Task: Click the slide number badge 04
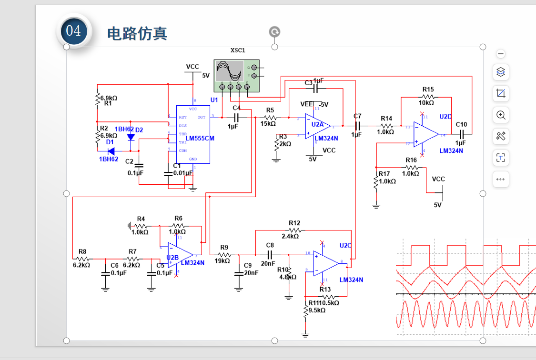coord(73,31)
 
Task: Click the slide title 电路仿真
coord(137,33)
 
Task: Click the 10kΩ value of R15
coord(426,102)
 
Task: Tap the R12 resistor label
coord(294,223)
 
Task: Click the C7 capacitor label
coord(357,116)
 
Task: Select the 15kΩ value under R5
coord(268,123)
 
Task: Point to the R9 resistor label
coord(224,247)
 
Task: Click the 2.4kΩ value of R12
coord(290,236)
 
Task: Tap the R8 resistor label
coord(83,251)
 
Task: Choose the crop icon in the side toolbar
coord(500,94)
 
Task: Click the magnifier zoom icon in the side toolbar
coord(500,115)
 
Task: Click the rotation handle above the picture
coord(274,32)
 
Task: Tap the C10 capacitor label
coord(461,124)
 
